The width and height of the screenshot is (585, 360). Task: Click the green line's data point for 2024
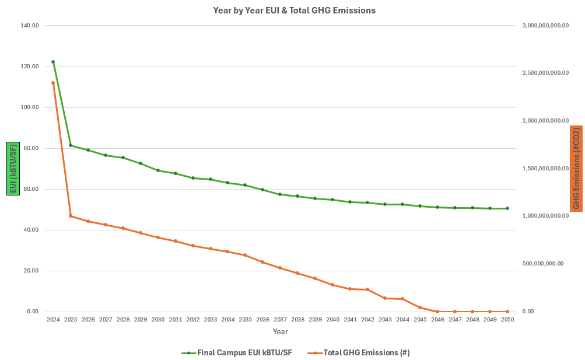(53, 62)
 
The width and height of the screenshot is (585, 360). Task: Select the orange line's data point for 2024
(53, 83)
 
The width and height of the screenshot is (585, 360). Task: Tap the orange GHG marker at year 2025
(71, 216)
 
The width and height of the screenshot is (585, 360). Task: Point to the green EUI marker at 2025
(71, 145)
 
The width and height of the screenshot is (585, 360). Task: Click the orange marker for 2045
(420, 307)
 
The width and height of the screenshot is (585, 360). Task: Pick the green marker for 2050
(507, 208)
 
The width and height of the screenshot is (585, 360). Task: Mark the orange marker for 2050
(507, 312)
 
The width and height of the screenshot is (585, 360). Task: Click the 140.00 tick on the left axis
(29, 26)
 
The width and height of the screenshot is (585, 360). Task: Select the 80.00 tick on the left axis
(29, 148)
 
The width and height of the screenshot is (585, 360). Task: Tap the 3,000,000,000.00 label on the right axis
(545, 26)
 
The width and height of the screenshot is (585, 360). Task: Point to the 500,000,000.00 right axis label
(543, 264)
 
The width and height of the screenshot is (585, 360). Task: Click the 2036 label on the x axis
(263, 320)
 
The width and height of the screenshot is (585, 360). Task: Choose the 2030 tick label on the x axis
(158, 320)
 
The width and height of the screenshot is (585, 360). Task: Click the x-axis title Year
(280, 331)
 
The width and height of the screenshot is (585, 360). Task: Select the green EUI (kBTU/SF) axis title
(13, 169)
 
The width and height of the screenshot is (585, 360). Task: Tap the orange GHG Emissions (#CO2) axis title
(576, 169)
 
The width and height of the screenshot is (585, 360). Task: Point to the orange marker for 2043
(385, 298)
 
